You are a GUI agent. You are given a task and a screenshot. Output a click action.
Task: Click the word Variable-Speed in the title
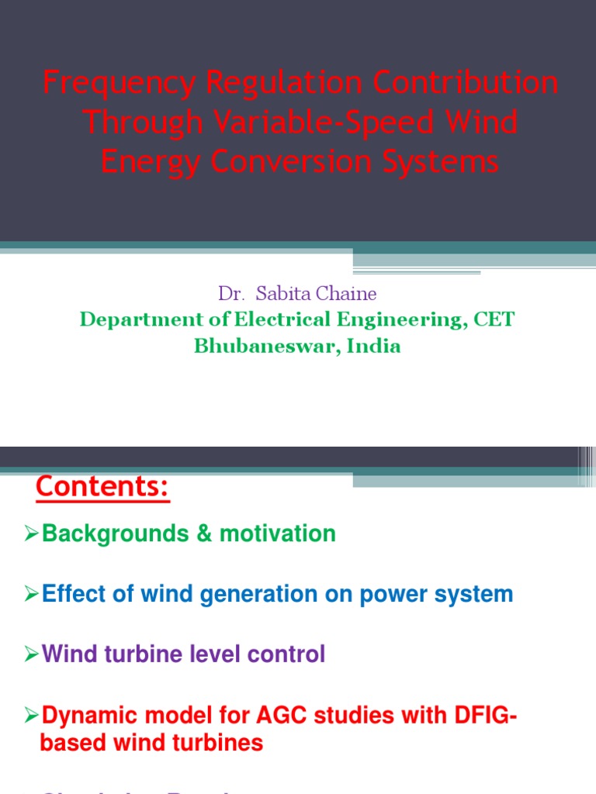[x=331, y=123]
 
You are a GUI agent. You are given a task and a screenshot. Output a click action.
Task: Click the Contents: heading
[x=102, y=488]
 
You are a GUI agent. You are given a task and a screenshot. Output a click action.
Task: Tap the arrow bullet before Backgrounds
[x=32, y=533]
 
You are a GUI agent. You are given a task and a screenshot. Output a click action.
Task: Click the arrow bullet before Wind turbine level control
[x=32, y=654]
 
